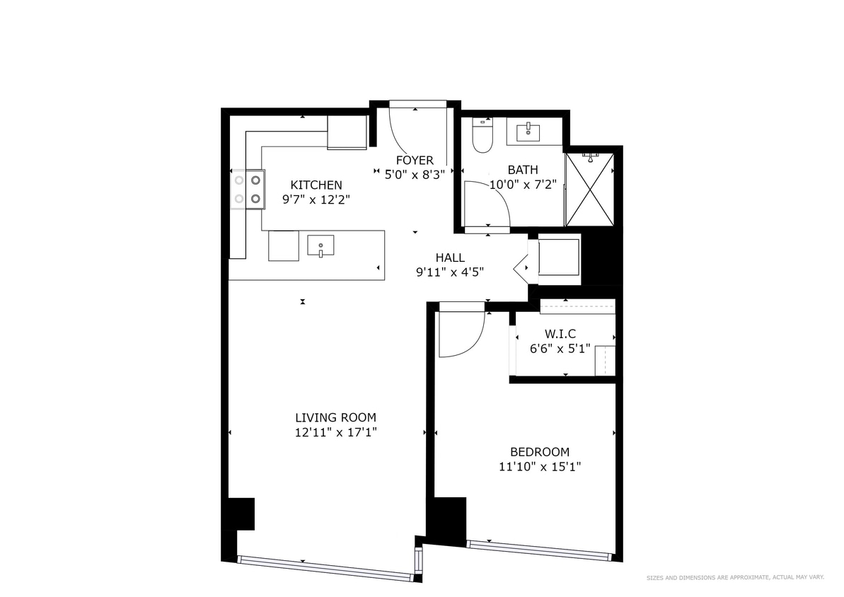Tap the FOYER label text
[415, 161]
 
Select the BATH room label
[523, 170]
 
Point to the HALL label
[450, 257]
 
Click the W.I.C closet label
[560, 333]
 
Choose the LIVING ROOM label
[335, 417]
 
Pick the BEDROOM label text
[540, 452]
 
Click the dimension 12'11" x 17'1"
[336, 432]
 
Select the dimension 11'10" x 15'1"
[540, 467]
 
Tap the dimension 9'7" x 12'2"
[316, 200]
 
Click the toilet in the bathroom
[482, 137]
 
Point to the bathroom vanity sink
[528, 131]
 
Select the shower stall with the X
[589, 190]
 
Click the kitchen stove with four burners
[248, 190]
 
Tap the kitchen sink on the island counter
[320, 246]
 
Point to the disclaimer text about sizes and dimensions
[735, 578]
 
